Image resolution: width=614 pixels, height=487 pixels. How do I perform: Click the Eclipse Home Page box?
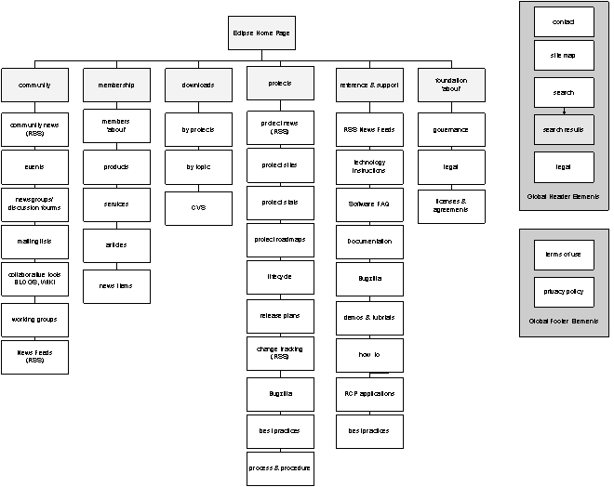tap(261, 33)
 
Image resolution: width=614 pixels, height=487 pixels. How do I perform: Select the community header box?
tap(34, 85)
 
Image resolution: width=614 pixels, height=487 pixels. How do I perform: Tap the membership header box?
tap(116, 85)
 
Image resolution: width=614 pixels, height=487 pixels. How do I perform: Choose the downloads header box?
tap(198, 85)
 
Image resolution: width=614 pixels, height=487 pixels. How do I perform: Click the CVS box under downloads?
tap(198, 208)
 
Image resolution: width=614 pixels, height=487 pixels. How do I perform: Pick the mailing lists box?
tap(34, 241)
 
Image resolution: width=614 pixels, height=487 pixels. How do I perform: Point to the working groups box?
tap(34, 319)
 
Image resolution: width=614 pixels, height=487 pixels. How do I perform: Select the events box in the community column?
tap(34, 166)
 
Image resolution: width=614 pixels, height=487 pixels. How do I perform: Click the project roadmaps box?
tap(280, 240)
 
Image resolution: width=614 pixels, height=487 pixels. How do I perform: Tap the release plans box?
tap(280, 316)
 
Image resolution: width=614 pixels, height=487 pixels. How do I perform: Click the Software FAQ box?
tap(369, 204)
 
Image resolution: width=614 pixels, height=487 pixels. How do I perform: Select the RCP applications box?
tap(369, 393)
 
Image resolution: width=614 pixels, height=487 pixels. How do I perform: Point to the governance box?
tap(451, 129)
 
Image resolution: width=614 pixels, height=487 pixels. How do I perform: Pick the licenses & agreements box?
tap(451, 205)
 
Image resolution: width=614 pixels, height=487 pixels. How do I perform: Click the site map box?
tap(564, 56)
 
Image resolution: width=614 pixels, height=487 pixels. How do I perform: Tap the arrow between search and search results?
tap(564, 111)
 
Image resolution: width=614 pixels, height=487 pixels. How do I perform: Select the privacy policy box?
tap(564, 292)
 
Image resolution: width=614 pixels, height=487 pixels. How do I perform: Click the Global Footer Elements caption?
tap(564, 321)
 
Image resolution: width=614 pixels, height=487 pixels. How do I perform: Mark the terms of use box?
tap(564, 254)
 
